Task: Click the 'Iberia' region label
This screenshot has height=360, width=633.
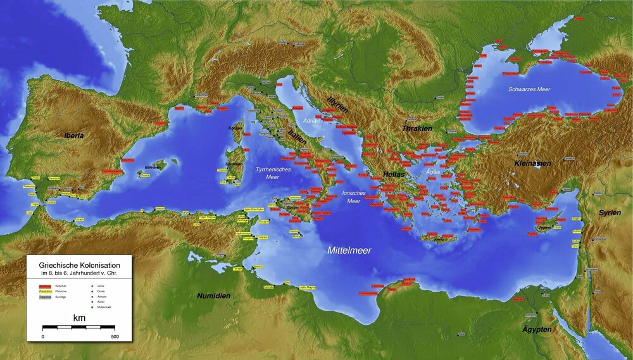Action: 73,135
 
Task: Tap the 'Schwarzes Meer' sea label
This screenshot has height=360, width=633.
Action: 529,89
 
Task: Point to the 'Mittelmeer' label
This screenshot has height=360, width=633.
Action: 349,251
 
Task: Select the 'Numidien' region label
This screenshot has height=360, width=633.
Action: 213,295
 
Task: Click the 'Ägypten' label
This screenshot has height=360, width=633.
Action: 536,330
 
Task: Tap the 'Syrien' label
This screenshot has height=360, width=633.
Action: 610,213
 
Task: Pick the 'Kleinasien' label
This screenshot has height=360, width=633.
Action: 532,163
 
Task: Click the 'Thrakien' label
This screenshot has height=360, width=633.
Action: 417,128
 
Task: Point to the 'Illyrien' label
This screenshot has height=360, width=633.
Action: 338,104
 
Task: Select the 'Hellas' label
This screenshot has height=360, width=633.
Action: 393,174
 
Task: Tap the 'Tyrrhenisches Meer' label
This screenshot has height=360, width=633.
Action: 273,173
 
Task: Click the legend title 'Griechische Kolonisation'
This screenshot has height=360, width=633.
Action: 78,266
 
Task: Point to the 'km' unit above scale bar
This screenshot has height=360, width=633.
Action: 79,317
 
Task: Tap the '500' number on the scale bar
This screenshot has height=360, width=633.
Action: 115,336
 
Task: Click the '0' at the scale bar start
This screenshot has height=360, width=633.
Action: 43,336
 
